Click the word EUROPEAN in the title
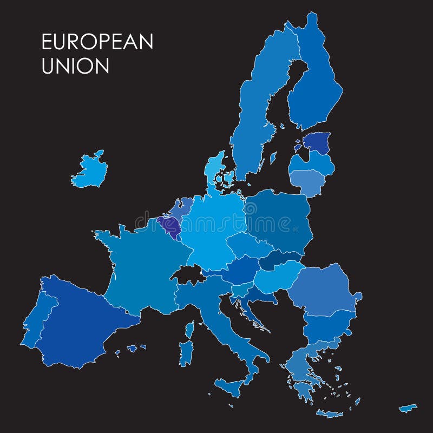coord(97,42)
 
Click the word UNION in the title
coord(75,66)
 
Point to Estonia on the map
coord(317,143)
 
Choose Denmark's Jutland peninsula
coord(215,168)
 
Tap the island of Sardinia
coord(186,352)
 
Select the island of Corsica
coord(189,329)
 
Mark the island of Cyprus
coord(408,408)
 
